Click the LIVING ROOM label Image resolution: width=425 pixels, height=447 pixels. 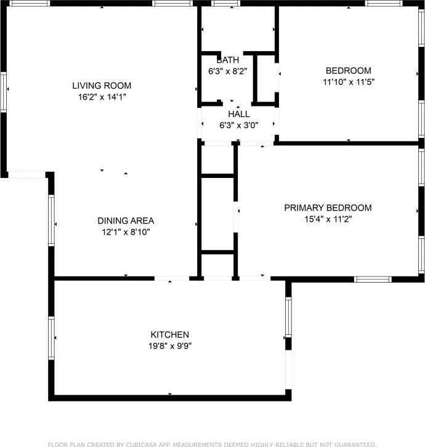[102, 86]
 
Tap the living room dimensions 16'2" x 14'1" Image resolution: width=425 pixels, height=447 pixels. [102, 97]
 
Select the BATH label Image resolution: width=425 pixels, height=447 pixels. [227, 60]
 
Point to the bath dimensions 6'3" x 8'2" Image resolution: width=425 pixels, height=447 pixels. [227, 71]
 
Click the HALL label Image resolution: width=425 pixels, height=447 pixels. [239, 114]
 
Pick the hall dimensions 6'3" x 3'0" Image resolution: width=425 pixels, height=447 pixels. [239, 125]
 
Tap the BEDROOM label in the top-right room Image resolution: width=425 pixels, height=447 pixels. [348, 70]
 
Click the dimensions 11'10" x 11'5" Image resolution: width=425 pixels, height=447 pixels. [348, 81]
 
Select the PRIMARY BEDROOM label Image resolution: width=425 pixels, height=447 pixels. [328, 207]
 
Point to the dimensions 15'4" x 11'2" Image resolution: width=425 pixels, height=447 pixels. [328, 219]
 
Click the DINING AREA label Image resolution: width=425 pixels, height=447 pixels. [126, 220]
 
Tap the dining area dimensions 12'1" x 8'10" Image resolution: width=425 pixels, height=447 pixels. [126, 232]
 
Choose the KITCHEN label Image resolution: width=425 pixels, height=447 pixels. [170, 334]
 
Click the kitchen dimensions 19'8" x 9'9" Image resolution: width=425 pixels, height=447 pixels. [170, 345]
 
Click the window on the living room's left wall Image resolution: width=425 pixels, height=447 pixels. [3, 92]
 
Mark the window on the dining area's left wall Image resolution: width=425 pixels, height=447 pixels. [51, 220]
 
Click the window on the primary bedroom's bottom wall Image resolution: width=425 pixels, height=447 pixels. [373, 279]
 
